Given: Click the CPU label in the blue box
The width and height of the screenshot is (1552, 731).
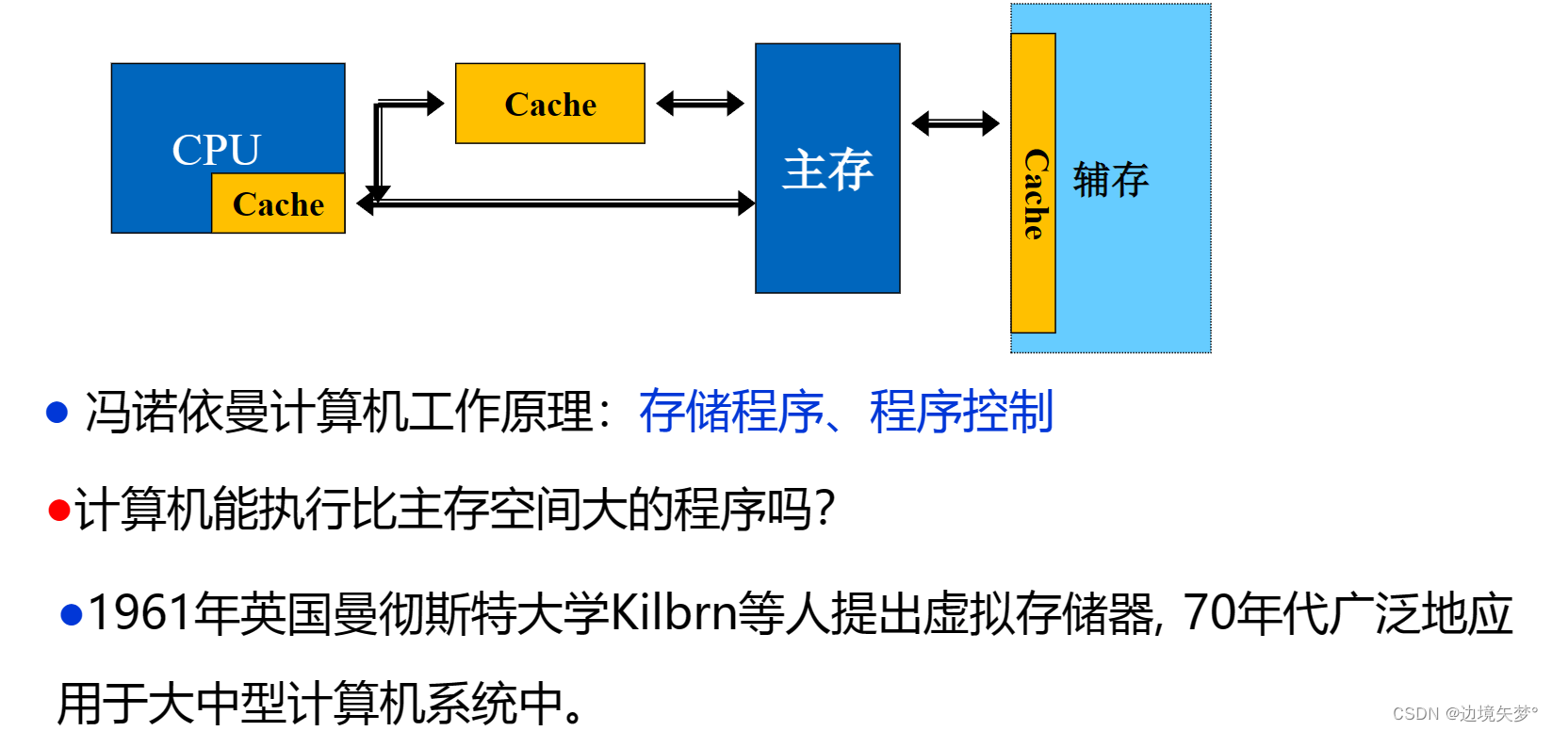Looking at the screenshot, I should pyautogui.click(x=216, y=149).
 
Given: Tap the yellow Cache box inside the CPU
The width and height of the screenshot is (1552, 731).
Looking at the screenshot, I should pyautogui.click(x=278, y=203).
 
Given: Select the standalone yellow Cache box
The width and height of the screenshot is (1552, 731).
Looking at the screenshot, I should pyautogui.click(x=550, y=104).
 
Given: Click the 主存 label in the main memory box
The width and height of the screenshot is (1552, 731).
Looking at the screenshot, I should pyautogui.click(x=827, y=171).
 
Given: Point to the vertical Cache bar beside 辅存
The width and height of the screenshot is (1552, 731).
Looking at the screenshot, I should pyautogui.click(x=1034, y=184).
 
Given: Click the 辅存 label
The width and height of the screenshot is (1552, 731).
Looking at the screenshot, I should pyautogui.click(x=1111, y=180).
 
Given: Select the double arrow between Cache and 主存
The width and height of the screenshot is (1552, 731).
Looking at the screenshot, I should pyautogui.click(x=700, y=103).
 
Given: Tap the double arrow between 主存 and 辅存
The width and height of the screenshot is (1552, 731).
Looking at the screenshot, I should pyautogui.click(x=956, y=122).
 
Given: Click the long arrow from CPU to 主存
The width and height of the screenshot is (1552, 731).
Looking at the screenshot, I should pyautogui.click(x=565, y=203).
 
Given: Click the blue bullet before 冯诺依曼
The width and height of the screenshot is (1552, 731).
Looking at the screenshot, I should pyautogui.click(x=57, y=412).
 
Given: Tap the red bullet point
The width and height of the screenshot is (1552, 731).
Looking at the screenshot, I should pyautogui.click(x=59, y=510).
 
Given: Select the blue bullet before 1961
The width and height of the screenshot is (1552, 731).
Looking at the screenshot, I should pyautogui.click(x=72, y=614).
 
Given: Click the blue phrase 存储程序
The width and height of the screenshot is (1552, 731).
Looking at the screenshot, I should pyautogui.click(x=730, y=412).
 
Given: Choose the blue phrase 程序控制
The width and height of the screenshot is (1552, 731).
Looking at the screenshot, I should pyautogui.click(x=961, y=412).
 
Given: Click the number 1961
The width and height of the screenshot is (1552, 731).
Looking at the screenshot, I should pyautogui.click(x=139, y=613).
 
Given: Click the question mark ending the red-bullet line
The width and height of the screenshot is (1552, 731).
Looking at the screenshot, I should pyautogui.click(x=825, y=510).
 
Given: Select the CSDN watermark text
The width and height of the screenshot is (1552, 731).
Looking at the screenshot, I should pyautogui.click(x=1464, y=713).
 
